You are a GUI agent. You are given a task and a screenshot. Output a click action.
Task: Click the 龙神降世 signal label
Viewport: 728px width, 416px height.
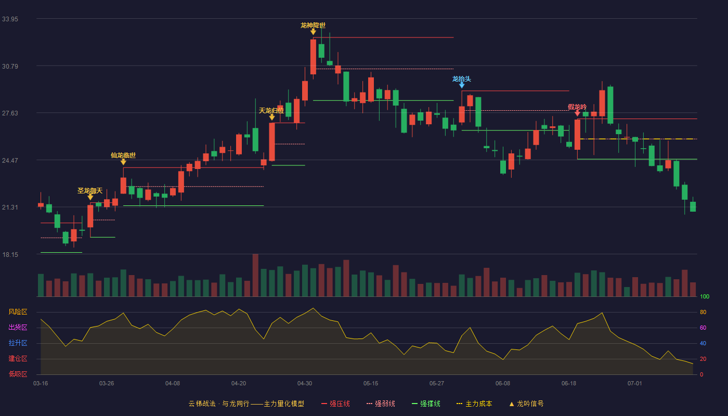click(x=313, y=25)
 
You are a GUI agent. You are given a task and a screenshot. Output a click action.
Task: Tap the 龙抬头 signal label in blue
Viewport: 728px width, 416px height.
click(x=462, y=79)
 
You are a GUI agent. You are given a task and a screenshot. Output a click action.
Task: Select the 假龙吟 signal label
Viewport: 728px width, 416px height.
click(x=577, y=107)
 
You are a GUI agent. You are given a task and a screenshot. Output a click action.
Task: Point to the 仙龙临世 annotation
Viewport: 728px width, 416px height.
click(x=123, y=155)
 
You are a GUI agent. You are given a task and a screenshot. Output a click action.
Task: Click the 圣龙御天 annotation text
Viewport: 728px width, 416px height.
click(x=90, y=190)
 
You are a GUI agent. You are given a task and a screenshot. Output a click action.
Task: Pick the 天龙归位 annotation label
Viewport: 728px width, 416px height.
click(x=271, y=110)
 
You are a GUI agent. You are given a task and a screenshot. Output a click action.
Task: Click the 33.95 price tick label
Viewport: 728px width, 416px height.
click(x=10, y=19)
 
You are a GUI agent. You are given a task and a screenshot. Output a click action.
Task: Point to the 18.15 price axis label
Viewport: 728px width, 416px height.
click(x=10, y=254)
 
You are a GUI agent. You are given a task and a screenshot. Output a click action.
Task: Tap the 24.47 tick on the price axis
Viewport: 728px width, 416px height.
click(x=10, y=160)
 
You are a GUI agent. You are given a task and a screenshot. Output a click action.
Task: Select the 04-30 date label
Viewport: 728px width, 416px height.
click(x=305, y=384)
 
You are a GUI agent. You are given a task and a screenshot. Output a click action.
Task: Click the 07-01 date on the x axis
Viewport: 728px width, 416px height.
click(x=635, y=384)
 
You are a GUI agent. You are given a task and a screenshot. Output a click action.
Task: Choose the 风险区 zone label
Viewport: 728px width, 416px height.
click(x=18, y=312)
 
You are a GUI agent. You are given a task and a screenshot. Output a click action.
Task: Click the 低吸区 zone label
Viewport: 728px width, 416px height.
click(x=18, y=374)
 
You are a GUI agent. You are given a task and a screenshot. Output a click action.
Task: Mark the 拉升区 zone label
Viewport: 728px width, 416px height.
click(x=18, y=343)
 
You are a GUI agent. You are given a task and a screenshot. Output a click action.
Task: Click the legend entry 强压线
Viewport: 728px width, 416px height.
click(x=335, y=404)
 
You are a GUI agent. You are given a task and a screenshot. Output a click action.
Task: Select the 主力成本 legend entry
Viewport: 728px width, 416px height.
click(x=474, y=404)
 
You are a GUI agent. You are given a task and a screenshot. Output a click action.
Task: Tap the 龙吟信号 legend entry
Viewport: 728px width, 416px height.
click(x=526, y=404)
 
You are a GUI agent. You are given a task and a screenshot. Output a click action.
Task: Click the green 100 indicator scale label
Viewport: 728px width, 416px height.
click(x=705, y=296)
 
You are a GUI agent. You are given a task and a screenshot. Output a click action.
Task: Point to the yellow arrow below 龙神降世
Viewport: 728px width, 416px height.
click(x=313, y=32)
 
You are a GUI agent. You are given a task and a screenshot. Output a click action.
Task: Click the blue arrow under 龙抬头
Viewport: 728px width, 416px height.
click(x=462, y=85)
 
